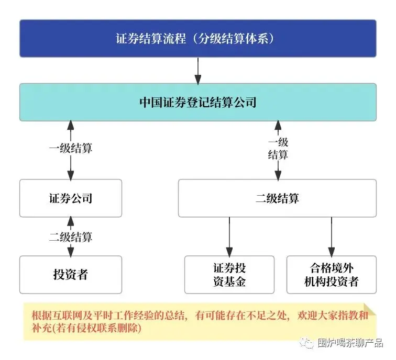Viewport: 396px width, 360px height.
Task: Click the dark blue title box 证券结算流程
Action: click(x=198, y=38)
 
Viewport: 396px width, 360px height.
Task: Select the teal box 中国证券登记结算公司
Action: click(x=198, y=102)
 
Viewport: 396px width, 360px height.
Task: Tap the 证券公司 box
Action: click(x=71, y=198)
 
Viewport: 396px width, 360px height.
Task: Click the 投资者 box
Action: click(x=71, y=274)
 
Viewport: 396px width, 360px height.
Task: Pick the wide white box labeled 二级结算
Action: click(x=277, y=198)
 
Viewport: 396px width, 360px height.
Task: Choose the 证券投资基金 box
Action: click(x=229, y=275)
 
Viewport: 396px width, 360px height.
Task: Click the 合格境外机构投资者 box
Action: click(x=331, y=275)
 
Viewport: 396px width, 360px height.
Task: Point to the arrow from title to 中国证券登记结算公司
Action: click(x=198, y=70)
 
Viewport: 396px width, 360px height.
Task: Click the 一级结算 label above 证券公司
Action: click(x=71, y=149)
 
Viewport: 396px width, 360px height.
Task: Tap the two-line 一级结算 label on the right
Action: click(x=278, y=149)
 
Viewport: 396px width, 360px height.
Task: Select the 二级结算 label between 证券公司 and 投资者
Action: click(x=71, y=237)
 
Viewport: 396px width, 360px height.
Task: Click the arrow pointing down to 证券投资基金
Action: click(x=229, y=236)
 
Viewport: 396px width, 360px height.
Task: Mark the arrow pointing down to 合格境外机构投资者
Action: click(x=331, y=236)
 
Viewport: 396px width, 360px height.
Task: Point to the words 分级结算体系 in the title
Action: click(x=239, y=39)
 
